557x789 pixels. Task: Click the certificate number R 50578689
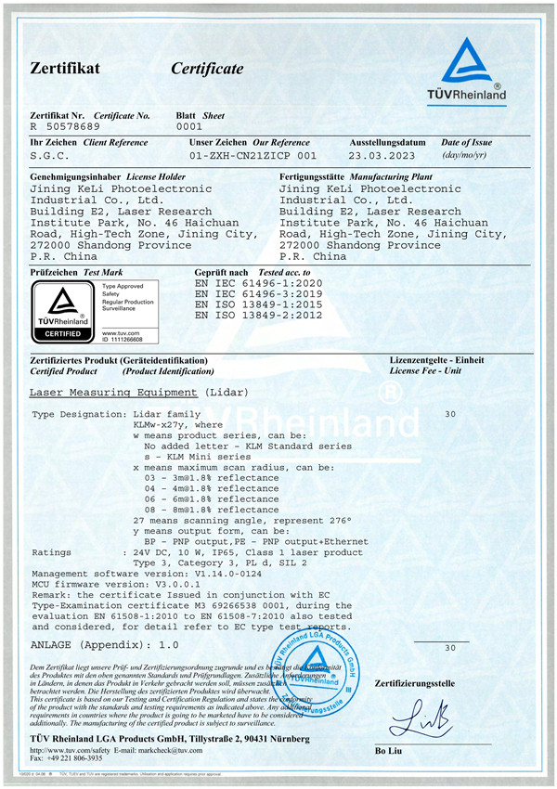coord(66,125)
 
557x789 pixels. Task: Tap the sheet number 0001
coord(188,125)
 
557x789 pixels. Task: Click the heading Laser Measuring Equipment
coord(114,393)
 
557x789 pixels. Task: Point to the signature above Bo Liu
coord(418,716)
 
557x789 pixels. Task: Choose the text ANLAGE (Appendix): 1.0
coord(104,643)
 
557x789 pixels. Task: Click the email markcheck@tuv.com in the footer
coord(166,749)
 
